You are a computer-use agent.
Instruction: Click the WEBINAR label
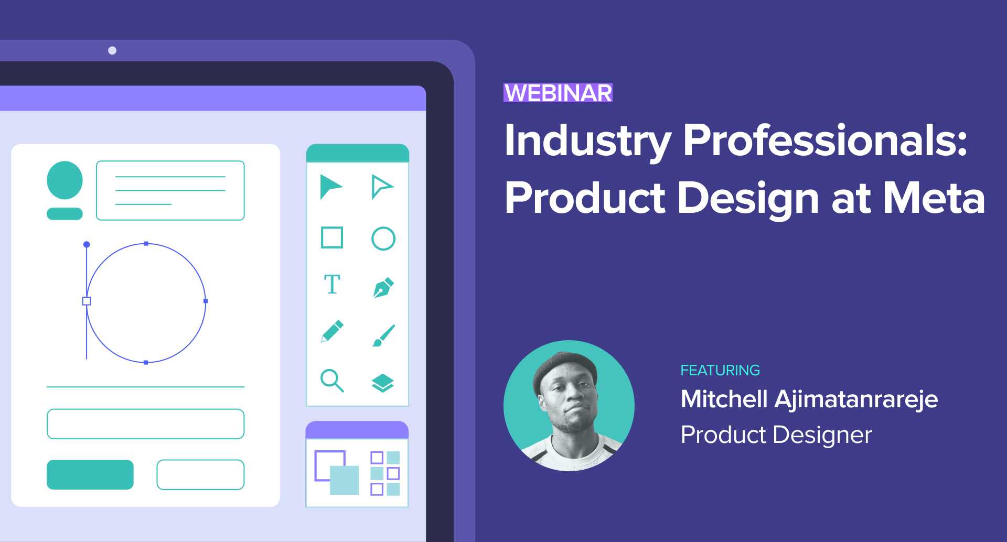(558, 93)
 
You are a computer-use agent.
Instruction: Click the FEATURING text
(720, 370)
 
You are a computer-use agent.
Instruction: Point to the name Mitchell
(724, 399)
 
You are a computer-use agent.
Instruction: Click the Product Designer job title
(776, 435)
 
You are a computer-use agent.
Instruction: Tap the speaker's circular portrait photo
(569, 405)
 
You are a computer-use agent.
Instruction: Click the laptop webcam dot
(112, 50)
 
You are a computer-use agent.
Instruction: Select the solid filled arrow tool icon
(330, 187)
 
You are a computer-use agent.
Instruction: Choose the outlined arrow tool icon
(381, 187)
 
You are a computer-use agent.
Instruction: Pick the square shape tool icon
(332, 237)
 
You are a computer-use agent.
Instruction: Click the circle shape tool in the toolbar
(383, 239)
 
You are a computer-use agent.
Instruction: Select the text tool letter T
(332, 285)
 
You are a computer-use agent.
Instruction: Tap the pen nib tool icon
(383, 287)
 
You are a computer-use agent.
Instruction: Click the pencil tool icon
(332, 331)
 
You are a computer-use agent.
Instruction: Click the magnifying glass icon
(332, 381)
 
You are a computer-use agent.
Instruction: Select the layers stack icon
(383, 383)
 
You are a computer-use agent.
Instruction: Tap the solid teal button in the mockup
(90, 474)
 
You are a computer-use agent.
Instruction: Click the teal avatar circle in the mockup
(65, 180)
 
